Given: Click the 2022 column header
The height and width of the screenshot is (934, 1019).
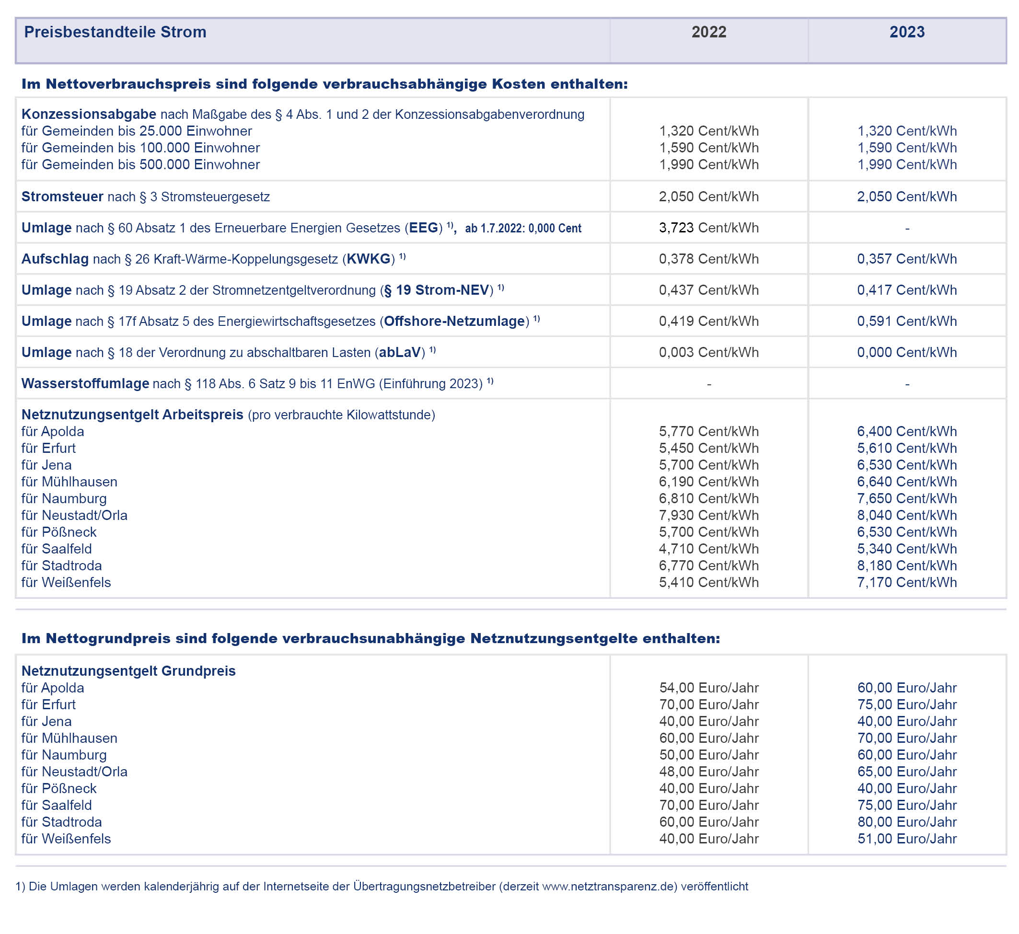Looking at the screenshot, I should (x=708, y=32).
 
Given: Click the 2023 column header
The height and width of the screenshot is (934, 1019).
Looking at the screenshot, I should (x=907, y=32).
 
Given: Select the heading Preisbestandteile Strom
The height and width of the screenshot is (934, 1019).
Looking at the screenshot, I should (x=115, y=32).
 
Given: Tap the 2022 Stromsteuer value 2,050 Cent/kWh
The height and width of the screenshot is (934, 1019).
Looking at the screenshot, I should (x=708, y=196).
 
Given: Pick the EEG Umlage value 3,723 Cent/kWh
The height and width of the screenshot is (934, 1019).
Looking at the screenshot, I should (x=708, y=228).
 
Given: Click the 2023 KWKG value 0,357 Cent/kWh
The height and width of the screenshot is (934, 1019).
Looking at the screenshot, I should (x=907, y=259).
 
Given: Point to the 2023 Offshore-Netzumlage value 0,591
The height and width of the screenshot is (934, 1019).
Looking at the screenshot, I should (x=907, y=322).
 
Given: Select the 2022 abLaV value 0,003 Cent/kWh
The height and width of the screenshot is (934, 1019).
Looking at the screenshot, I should (x=708, y=353).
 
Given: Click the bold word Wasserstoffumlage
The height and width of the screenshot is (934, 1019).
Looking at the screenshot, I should (x=85, y=383).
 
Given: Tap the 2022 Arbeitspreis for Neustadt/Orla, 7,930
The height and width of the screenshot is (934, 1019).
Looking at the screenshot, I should (x=708, y=516).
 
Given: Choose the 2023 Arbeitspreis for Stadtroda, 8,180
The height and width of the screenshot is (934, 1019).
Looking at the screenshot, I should (x=907, y=565).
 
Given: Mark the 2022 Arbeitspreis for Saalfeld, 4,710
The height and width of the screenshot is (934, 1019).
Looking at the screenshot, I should (x=708, y=549).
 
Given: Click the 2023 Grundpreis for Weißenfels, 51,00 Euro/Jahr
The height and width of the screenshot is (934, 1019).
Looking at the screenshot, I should (x=907, y=839).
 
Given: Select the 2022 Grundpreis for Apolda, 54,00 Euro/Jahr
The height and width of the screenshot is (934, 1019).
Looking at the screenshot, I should (x=708, y=688).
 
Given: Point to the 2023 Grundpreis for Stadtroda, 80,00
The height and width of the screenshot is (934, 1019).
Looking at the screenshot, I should (x=907, y=822).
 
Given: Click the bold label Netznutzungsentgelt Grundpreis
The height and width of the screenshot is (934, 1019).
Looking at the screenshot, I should (x=128, y=671).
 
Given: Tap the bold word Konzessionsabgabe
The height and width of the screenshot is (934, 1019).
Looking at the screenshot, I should (x=89, y=115).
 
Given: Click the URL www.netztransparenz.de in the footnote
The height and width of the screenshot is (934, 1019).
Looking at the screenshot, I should (x=609, y=887).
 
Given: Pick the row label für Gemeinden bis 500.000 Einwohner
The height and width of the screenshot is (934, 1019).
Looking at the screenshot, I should (x=140, y=165).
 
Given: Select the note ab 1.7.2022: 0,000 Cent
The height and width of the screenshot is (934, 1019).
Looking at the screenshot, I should (x=523, y=229).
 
